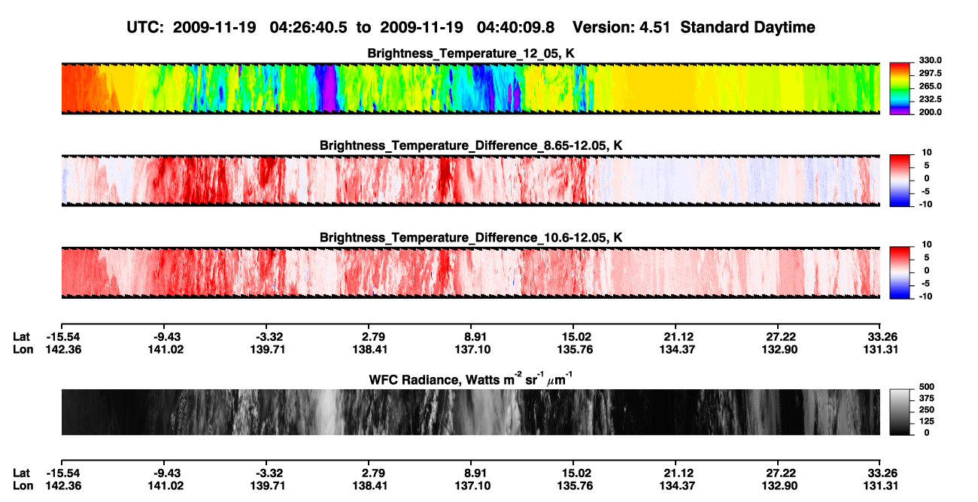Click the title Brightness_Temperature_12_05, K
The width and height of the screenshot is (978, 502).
tap(471, 53)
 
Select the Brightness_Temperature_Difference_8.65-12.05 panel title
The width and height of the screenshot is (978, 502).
tap(471, 145)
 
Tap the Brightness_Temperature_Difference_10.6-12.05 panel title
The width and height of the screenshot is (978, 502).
tap(471, 238)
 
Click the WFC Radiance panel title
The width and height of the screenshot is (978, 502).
tap(471, 379)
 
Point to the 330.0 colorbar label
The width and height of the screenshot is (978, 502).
tap(930, 60)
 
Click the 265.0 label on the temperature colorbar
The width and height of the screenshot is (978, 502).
tap(930, 86)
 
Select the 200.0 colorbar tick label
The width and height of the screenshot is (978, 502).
tap(930, 112)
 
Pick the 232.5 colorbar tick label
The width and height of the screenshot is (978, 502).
tap(930, 99)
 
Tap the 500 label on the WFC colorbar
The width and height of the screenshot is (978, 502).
tap(927, 387)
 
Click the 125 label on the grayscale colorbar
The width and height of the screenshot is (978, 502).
tap(927, 421)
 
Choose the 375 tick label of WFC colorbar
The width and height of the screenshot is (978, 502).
tap(927, 398)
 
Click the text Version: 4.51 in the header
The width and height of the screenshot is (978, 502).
tap(621, 28)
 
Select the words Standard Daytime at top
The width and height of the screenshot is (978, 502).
tap(748, 28)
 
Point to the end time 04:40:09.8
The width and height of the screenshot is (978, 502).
tap(515, 28)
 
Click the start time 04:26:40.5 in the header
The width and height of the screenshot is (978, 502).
tap(308, 28)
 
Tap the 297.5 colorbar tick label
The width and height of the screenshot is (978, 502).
tap(930, 74)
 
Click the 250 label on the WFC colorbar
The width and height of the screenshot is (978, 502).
tap(927, 410)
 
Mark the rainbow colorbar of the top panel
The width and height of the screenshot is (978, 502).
tap(900, 89)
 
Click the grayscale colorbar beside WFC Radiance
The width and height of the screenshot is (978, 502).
tap(900, 412)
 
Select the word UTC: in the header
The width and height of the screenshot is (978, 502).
tap(145, 28)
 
